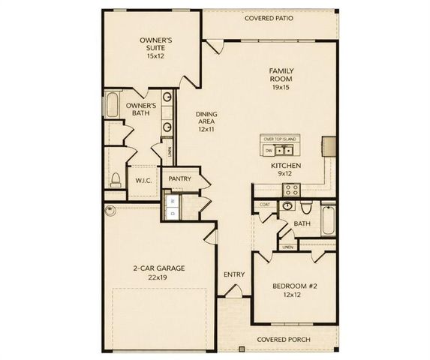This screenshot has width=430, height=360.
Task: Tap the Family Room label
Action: [281, 78]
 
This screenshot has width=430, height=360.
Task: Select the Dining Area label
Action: [207, 121]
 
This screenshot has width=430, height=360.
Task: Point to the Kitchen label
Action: [287, 170]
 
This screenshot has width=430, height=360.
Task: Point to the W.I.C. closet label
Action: [144, 181]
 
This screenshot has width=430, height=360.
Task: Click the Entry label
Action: [234, 274]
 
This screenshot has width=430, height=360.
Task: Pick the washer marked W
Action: [173, 201]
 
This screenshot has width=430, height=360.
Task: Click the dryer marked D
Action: [173, 213]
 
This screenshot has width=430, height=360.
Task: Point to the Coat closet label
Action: [265, 204]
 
